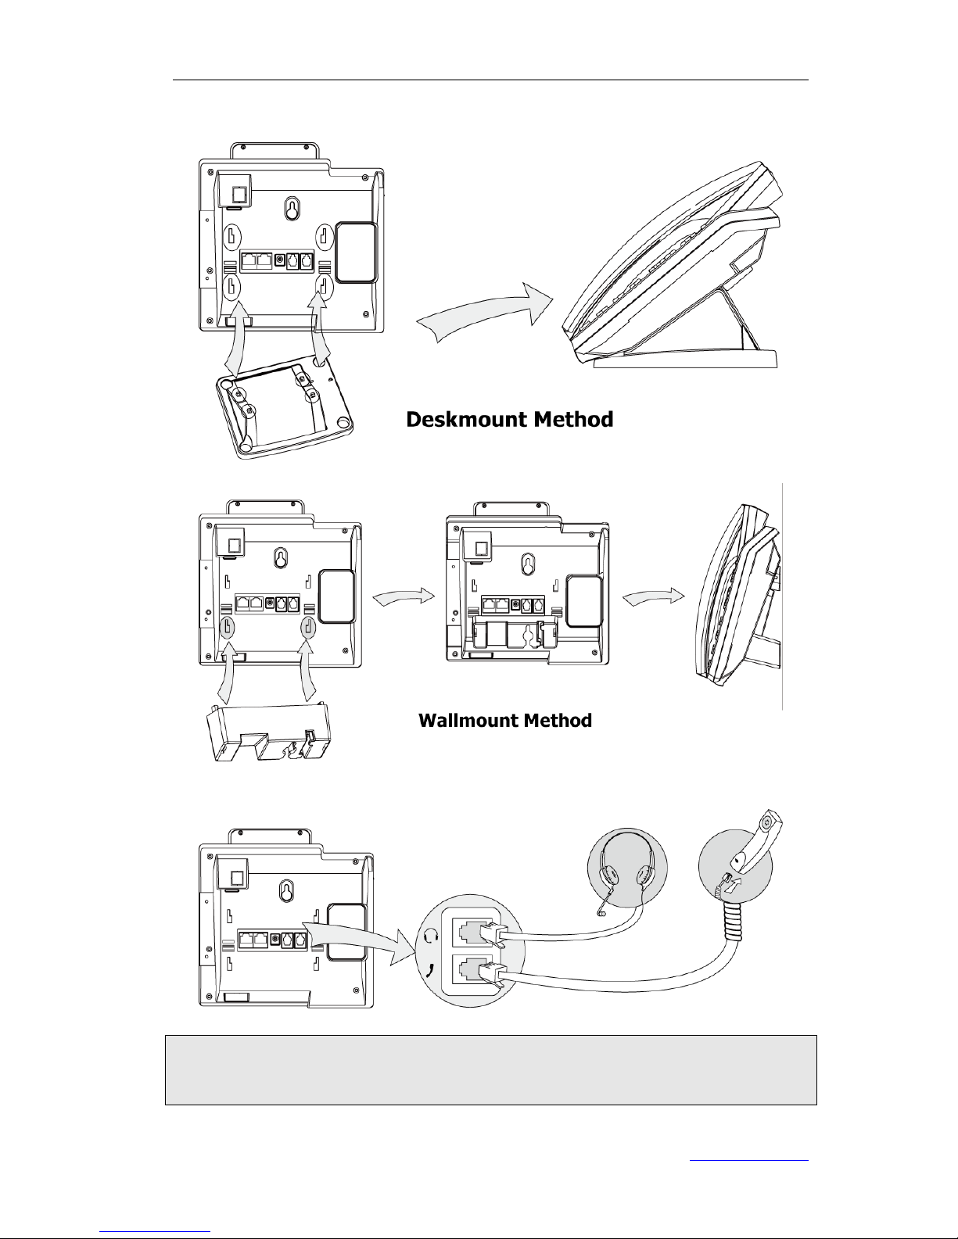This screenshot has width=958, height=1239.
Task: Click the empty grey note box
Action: coord(490,1069)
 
